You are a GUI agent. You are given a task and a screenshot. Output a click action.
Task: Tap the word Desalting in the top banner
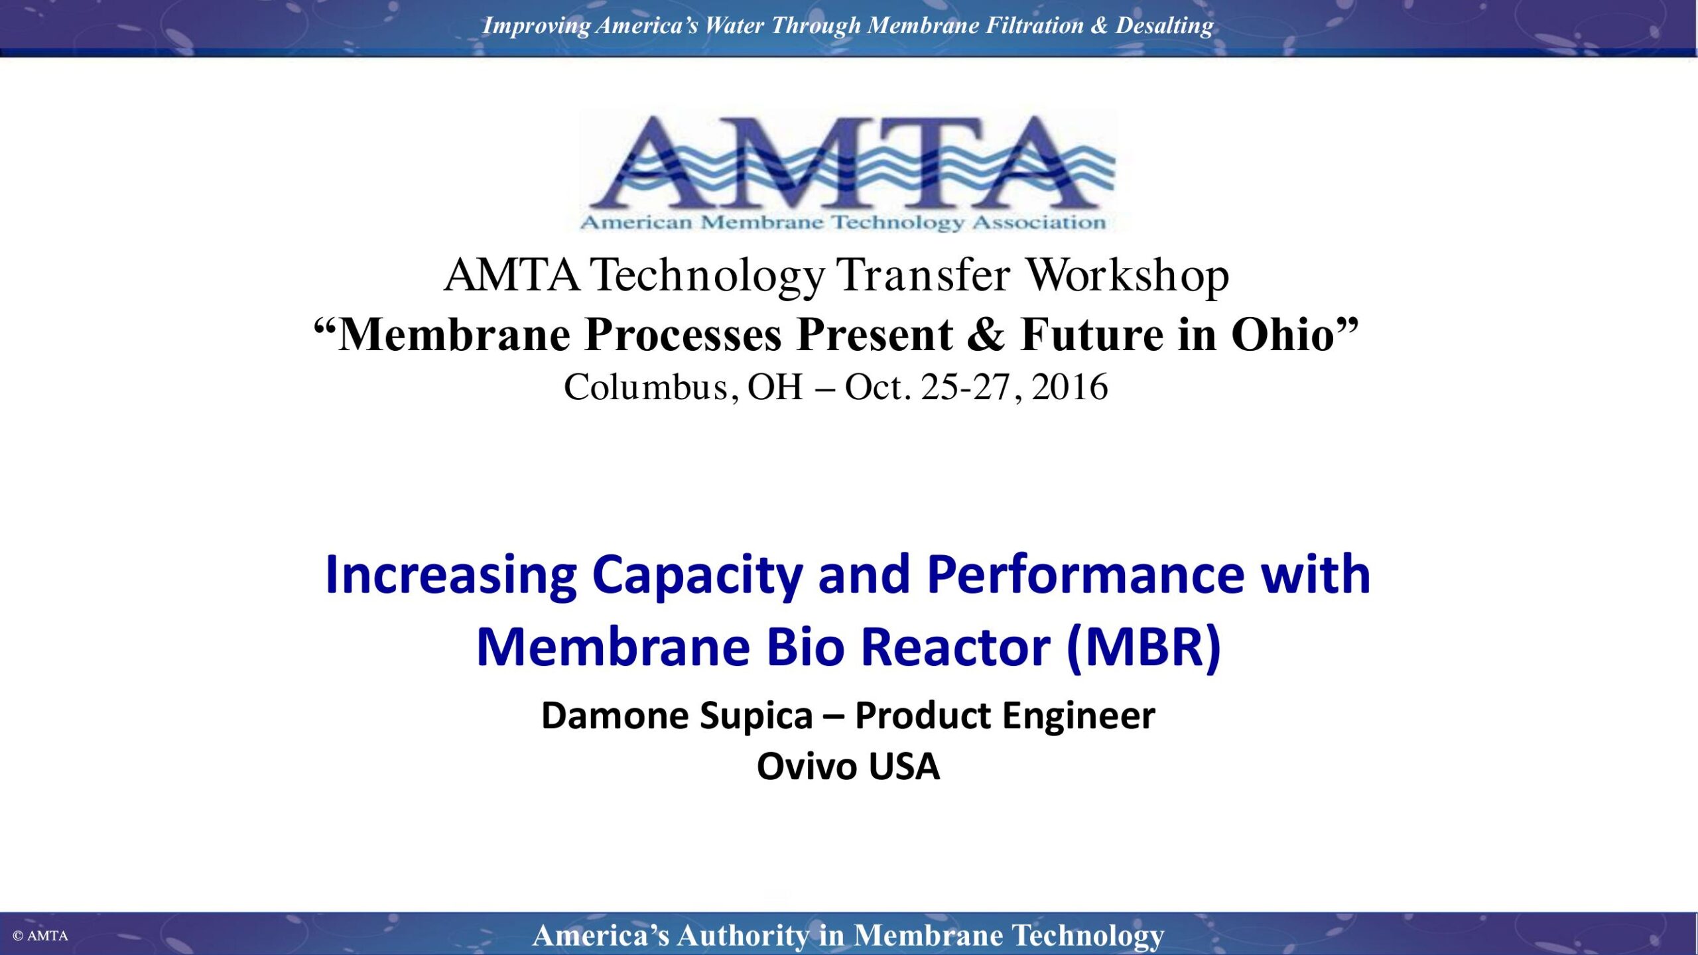point(1164,25)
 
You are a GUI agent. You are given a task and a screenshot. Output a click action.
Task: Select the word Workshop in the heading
point(1128,275)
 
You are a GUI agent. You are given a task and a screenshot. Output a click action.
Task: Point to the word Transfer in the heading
point(923,275)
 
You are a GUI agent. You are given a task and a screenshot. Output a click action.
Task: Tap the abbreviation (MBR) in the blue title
point(1143,647)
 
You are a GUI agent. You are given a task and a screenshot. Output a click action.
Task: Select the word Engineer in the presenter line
point(1078,716)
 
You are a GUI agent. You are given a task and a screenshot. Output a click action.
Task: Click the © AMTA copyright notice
point(40,936)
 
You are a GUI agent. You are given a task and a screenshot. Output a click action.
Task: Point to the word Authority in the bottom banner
point(743,936)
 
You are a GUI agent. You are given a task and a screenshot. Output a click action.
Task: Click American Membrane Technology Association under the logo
point(843,222)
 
